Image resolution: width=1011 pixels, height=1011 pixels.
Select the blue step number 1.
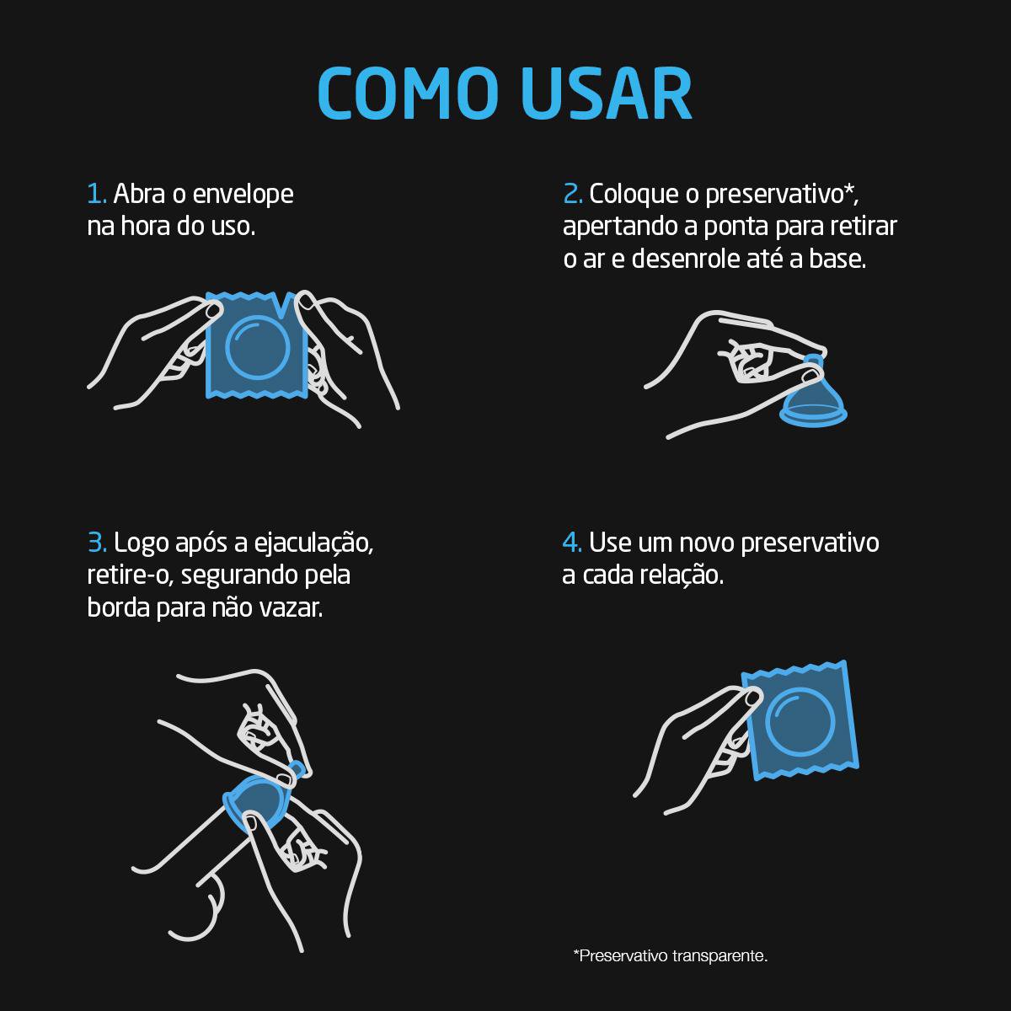[96, 194]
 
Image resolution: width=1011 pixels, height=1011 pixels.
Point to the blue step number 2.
[572, 194]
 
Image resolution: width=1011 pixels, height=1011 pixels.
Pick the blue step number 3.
[96, 543]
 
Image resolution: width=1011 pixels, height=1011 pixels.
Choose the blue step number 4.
[572, 543]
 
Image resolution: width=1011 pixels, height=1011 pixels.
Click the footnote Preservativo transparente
[671, 956]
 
